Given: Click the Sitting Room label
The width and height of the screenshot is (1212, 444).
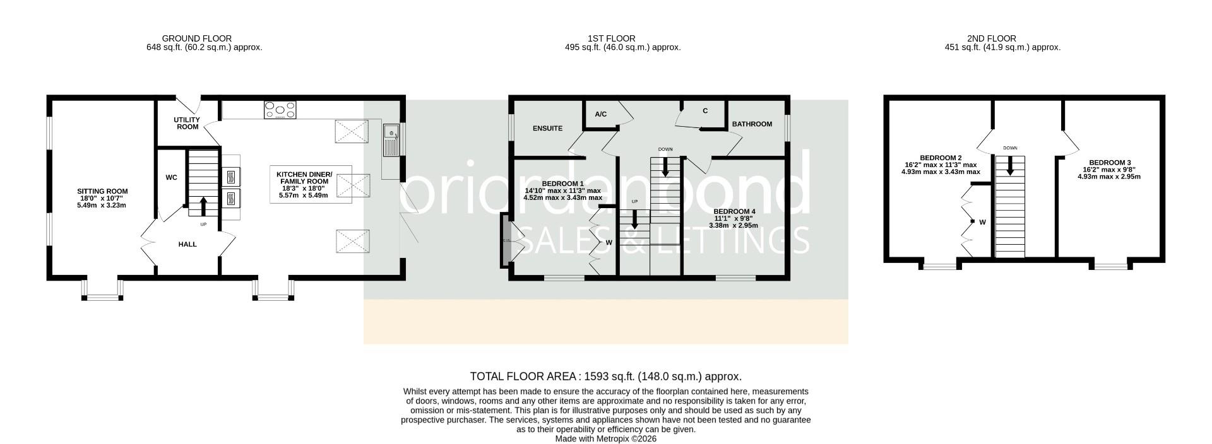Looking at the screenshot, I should pyautogui.click(x=102, y=191).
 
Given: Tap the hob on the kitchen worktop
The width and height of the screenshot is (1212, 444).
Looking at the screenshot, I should pyautogui.click(x=280, y=110).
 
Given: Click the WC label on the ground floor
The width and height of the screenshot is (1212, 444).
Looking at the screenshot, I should pyautogui.click(x=171, y=178).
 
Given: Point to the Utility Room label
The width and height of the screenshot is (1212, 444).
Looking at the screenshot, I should pyautogui.click(x=187, y=123).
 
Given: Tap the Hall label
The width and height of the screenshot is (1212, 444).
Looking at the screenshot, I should pyautogui.click(x=187, y=244).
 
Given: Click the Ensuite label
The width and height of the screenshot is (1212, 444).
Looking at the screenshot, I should pyautogui.click(x=547, y=129).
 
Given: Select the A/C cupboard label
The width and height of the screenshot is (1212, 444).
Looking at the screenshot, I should pyautogui.click(x=600, y=114).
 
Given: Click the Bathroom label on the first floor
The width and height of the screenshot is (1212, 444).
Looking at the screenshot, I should pyautogui.click(x=752, y=124).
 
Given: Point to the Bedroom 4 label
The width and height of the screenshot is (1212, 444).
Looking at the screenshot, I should pyautogui.click(x=734, y=212).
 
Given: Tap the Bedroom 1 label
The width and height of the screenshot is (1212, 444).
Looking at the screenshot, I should pyautogui.click(x=545, y=184).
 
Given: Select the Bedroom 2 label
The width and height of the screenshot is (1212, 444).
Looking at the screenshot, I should pyautogui.click(x=941, y=158).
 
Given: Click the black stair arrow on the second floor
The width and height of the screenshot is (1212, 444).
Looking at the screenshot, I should pyautogui.click(x=1010, y=166).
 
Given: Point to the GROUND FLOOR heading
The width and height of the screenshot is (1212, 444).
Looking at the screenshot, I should pyautogui.click(x=197, y=38).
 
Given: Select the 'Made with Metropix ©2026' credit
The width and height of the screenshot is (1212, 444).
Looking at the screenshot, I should pyautogui.click(x=606, y=439).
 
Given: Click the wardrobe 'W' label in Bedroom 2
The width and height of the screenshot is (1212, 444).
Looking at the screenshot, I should pyautogui.click(x=982, y=222).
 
